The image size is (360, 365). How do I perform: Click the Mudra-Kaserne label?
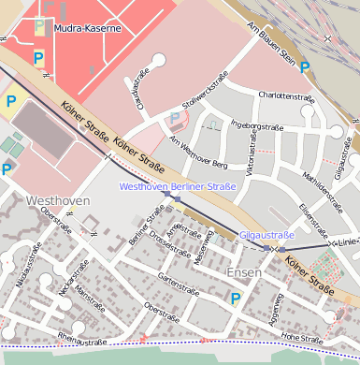pos(87,29)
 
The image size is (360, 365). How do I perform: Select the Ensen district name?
pos(245,272)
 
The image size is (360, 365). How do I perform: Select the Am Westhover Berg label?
pos(198,153)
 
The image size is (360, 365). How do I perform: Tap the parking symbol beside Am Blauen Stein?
pos(305,67)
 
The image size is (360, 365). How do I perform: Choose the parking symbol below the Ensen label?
pos(236,299)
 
